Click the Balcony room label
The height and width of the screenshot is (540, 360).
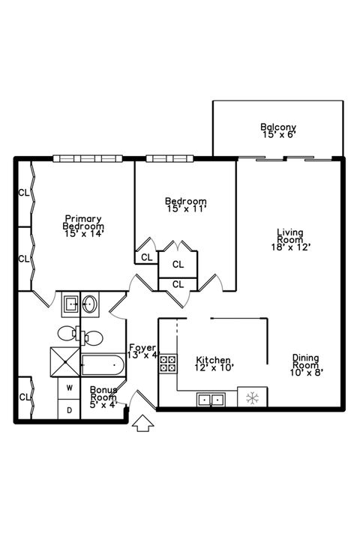(x=279, y=130)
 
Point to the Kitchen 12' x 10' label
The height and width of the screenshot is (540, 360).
(x=214, y=364)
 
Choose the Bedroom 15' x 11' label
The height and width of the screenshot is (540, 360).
(x=185, y=205)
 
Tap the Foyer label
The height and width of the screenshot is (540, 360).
(x=143, y=351)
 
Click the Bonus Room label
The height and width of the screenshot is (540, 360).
(x=103, y=395)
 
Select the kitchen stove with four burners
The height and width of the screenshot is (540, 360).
(x=169, y=364)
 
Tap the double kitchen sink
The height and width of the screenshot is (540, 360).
(x=209, y=399)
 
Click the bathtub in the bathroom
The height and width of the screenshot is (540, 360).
(x=102, y=367)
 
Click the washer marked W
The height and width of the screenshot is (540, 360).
(x=69, y=388)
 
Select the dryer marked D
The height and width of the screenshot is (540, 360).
(x=69, y=409)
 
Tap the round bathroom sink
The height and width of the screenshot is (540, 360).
(x=90, y=304)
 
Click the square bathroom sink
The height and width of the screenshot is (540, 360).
(x=70, y=304)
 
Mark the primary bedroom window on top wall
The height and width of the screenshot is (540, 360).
(x=87, y=157)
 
